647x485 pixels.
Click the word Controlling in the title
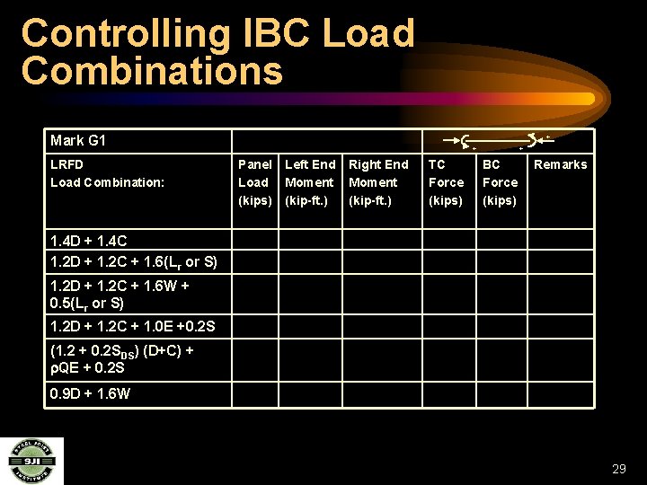[x=126, y=34]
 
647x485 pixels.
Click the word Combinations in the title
[x=152, y=70]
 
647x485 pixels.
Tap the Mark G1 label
[x=78, y=140]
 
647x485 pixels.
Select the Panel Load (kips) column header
[x=255, y=182]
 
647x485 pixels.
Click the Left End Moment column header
[x=310, y=182]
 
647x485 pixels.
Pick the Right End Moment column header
[x=378, y=182]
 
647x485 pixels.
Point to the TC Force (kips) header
[x=446, y=182]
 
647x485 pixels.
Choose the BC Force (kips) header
[x=500, y=182]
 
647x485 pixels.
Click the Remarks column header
[x=560, y=164]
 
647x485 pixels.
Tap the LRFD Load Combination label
[x=108, y=173]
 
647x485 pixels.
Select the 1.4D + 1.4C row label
[x=89, y=241]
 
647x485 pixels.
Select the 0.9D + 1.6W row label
[x=91, y=393]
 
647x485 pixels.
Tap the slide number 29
[x=618, y=469]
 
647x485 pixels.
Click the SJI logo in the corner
[x=31, y=460]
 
